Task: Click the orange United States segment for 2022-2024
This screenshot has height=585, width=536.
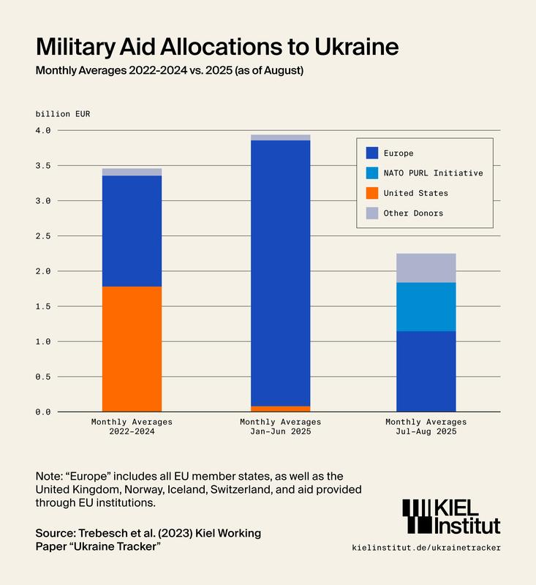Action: (132, 348)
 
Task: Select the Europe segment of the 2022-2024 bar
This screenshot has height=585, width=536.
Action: (132, 230)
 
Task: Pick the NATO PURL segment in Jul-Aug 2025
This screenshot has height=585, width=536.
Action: (426, 306)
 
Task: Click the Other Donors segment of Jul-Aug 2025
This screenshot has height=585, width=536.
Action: (426, 268)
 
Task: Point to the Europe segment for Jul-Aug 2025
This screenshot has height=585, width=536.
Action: (426, 371)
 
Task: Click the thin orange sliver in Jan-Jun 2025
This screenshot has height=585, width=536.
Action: (280, 408)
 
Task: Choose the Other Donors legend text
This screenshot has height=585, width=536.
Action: (413, 214)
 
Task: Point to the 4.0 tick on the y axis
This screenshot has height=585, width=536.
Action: (44, 130)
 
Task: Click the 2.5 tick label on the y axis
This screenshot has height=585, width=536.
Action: (44, 236)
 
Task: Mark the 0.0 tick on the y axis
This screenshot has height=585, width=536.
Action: (44, 412)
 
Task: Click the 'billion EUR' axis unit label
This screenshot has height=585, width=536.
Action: (63, 113)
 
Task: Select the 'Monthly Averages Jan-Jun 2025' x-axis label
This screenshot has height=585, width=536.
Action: (280, 427)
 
